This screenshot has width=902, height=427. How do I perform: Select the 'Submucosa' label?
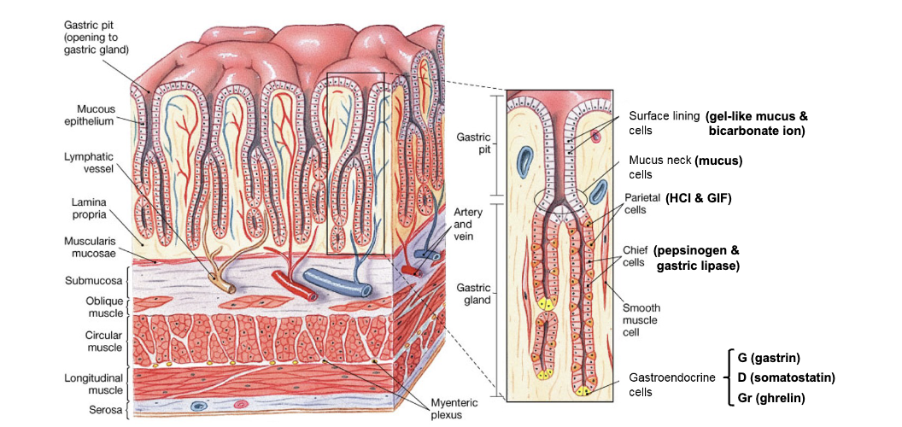94,279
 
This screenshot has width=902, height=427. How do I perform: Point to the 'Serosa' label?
104,411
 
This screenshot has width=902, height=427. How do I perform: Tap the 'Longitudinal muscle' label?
94,383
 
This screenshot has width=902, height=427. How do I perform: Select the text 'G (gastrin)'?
769,357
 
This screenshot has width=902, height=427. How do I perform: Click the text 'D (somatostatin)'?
786,377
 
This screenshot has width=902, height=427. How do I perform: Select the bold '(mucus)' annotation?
717,161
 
